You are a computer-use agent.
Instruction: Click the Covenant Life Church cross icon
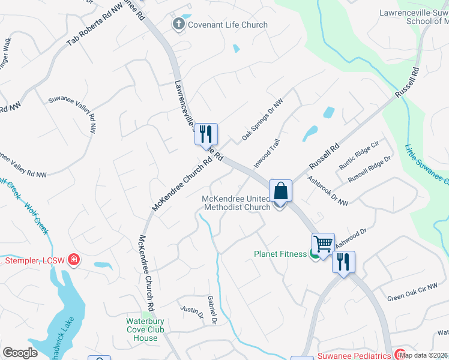(178, 25)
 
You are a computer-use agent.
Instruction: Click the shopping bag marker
(280, 191)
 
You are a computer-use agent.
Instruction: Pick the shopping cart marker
(323, 244)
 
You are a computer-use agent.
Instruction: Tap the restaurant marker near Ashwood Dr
(343, 262)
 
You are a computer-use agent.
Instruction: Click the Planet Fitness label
(280, 254)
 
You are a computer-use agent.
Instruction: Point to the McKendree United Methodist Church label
(236, 203)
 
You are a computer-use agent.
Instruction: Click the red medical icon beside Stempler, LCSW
(74, 260)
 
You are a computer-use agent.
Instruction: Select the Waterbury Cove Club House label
(142, 329)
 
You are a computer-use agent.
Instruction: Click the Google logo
(20, 353)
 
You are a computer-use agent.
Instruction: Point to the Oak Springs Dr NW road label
(262, 120)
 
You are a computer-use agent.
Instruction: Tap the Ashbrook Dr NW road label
(328, 191)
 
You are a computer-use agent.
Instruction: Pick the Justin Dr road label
(192, 313)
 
